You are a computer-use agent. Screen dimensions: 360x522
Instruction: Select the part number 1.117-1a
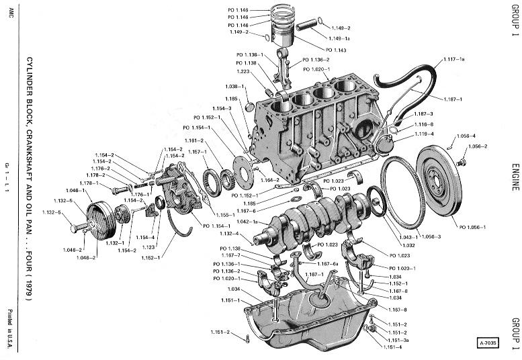tap(454, 60)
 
